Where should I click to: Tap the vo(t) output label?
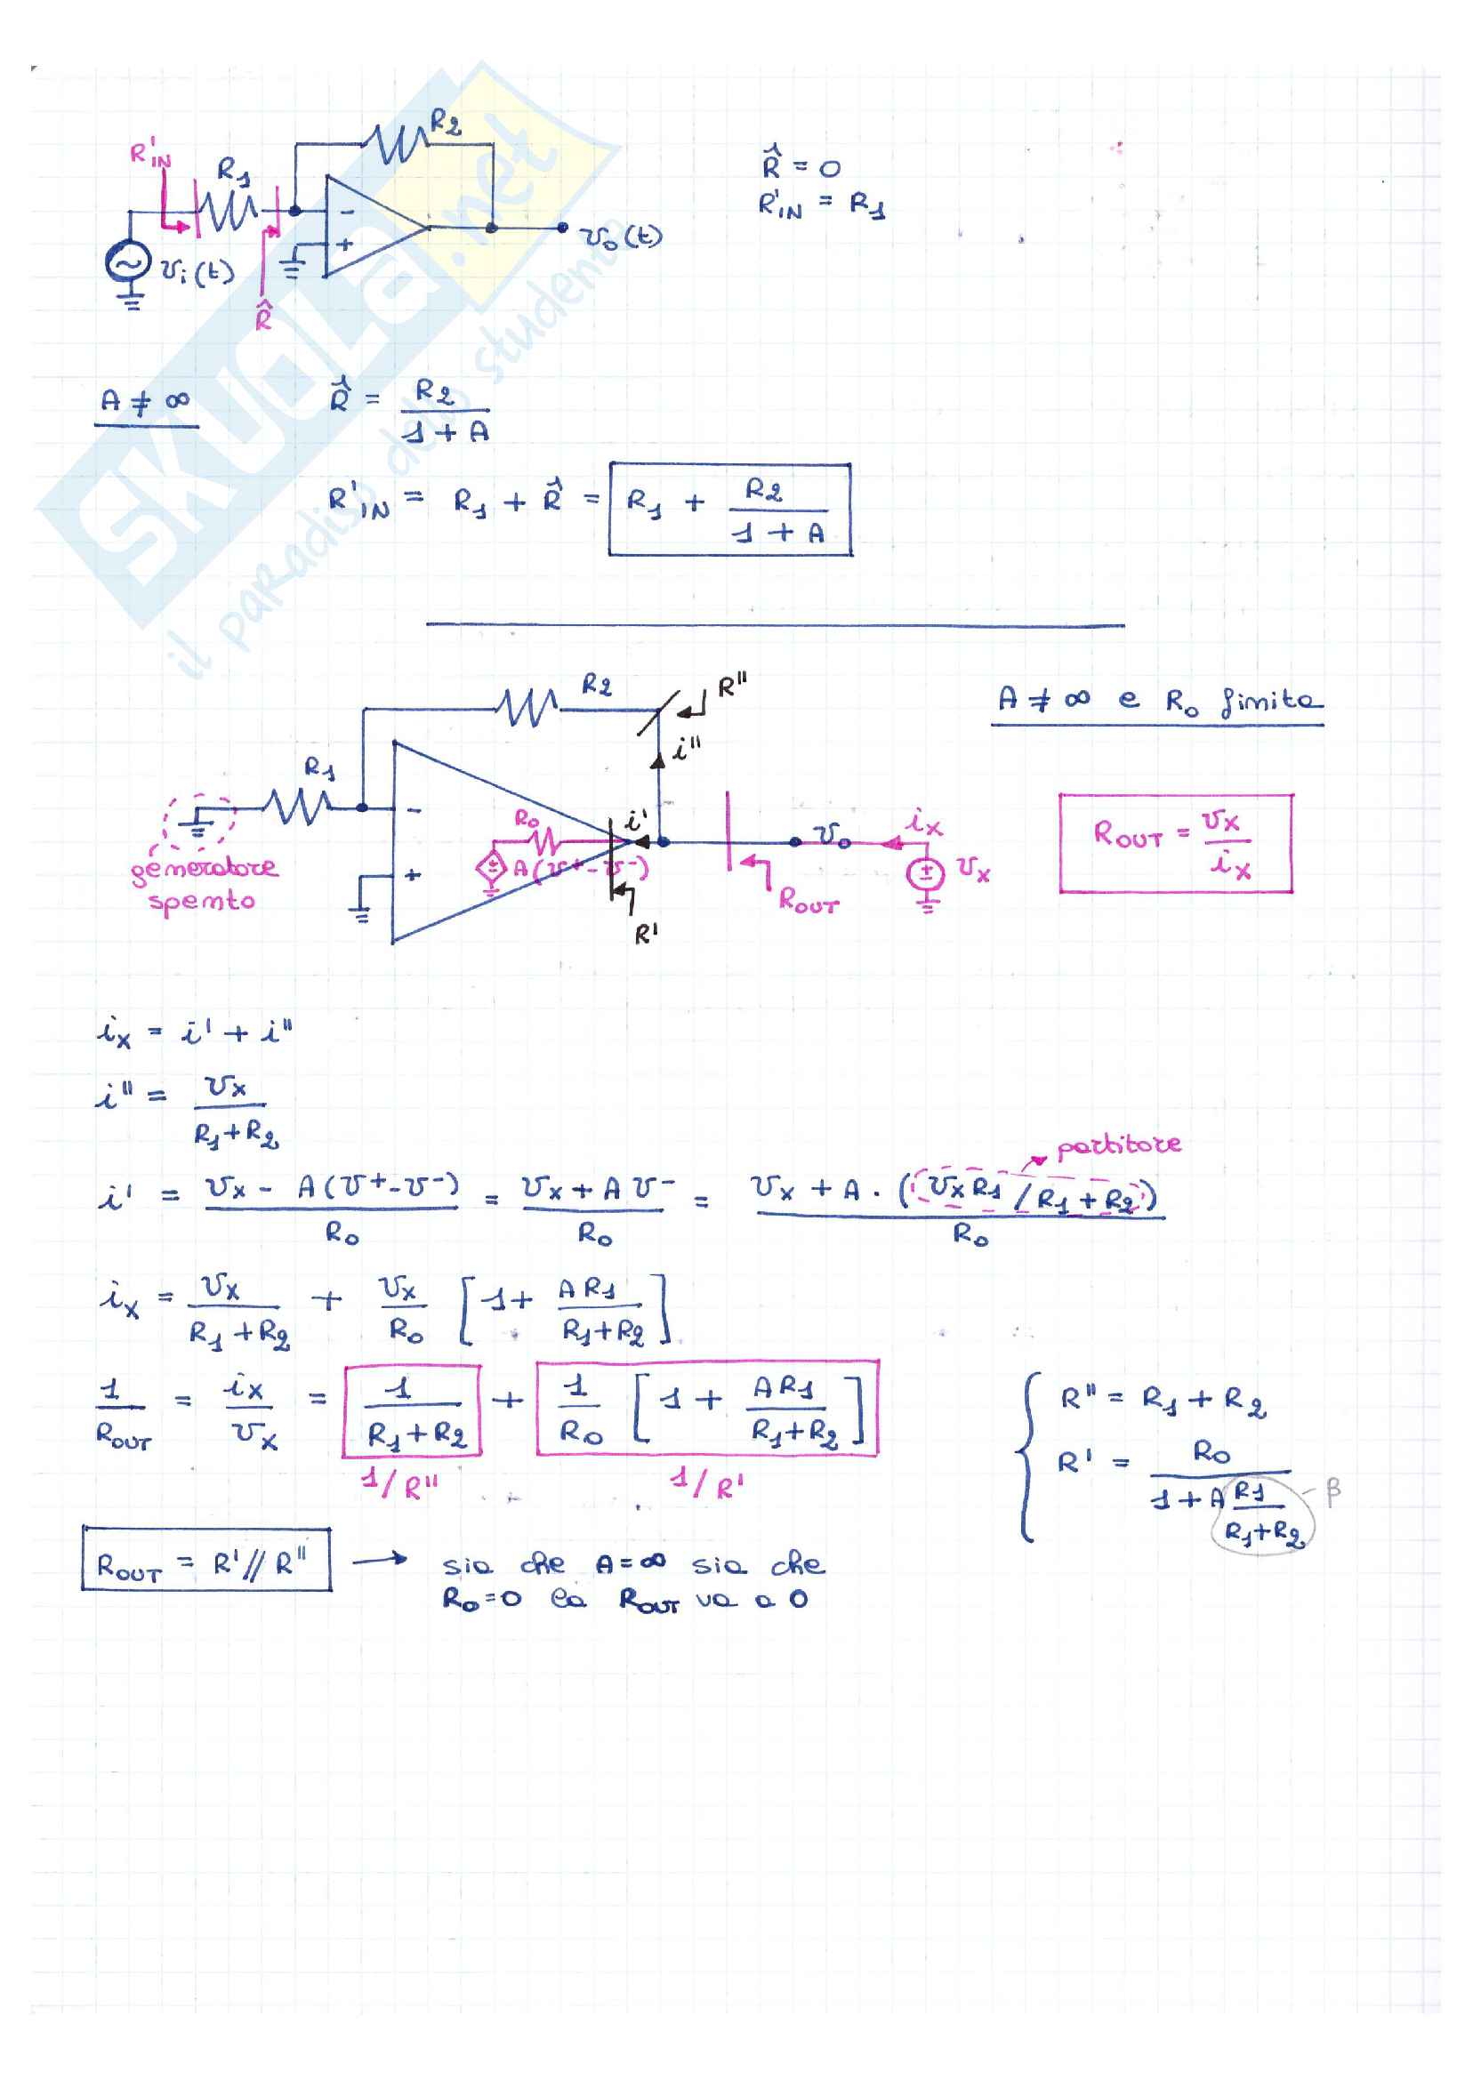click(x=623, y=237)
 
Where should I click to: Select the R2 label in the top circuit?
click(x=445, y=122)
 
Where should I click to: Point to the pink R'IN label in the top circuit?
click(x=149, y=154)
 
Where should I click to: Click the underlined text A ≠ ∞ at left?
click(x=145, y=402)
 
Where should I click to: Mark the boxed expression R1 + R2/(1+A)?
click(x=729, y=510)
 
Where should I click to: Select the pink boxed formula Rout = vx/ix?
click(x=1176, y=843)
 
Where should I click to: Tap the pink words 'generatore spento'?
click(x=203, y=885)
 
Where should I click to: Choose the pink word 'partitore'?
click(x=1119, y=1146)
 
